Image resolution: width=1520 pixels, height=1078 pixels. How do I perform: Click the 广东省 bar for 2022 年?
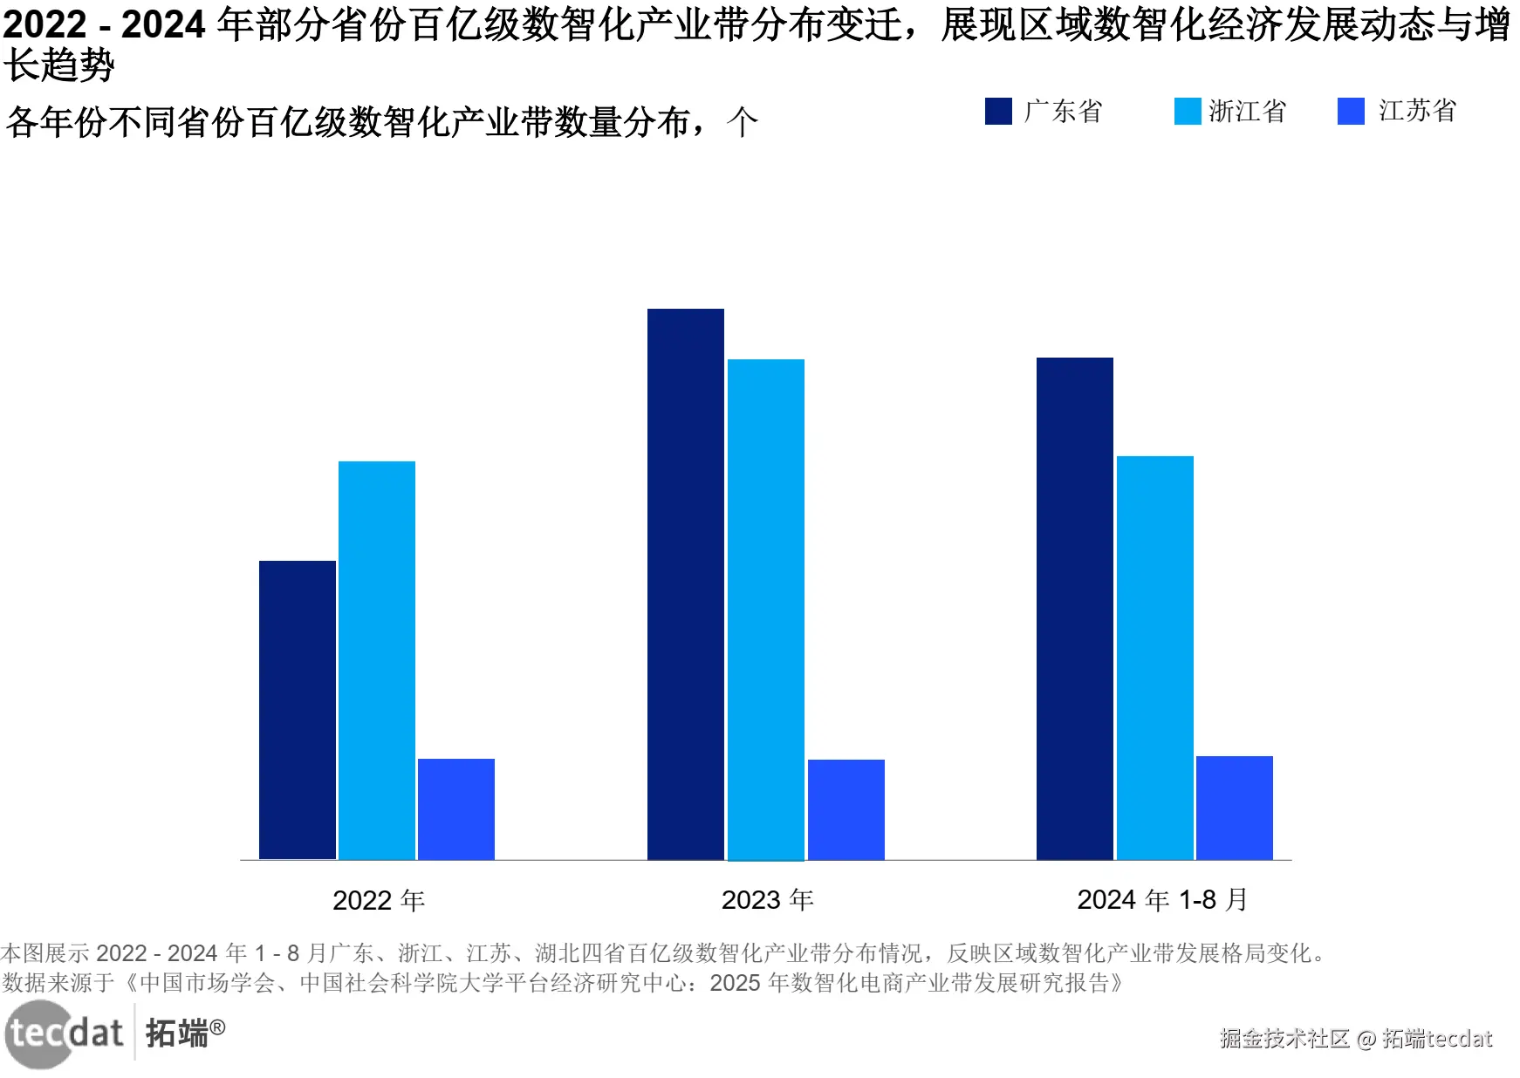coord(298,710)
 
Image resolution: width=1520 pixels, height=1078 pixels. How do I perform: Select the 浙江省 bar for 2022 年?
coord(377,660)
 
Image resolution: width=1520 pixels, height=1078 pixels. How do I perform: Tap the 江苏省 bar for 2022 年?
coord(456,808)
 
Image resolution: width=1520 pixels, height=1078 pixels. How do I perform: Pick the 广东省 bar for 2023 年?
coord(686,584)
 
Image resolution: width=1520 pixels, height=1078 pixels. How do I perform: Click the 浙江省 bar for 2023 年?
coord(766,610)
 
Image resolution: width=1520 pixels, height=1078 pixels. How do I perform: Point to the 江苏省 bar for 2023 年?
coord(846,809)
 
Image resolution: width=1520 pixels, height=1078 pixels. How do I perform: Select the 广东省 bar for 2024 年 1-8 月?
coord(1075,609)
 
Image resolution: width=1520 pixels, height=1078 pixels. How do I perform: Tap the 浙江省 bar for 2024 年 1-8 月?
coord(1155,658)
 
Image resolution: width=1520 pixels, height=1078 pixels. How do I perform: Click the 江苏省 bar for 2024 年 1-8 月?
coord(1235,808)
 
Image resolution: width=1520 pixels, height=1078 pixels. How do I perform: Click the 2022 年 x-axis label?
coord(379,900)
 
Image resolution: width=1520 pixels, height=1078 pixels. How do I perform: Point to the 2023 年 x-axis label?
coord(768,900)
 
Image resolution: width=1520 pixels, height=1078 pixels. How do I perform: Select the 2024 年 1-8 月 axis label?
coord(1162,900)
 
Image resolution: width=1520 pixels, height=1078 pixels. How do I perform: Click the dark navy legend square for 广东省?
coord(998,112)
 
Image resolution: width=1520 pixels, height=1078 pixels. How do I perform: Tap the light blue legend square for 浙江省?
coord(1188,112)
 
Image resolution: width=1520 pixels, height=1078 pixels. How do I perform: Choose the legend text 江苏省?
coord(1418,111)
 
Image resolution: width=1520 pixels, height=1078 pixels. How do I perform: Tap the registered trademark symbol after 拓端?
coord(217,1027)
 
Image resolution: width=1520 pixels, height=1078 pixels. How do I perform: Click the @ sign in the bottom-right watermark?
coord(1366,1039)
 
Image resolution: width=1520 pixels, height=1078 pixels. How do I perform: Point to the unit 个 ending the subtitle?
coord(743,122)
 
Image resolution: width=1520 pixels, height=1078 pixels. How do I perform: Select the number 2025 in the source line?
coord(736,983)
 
